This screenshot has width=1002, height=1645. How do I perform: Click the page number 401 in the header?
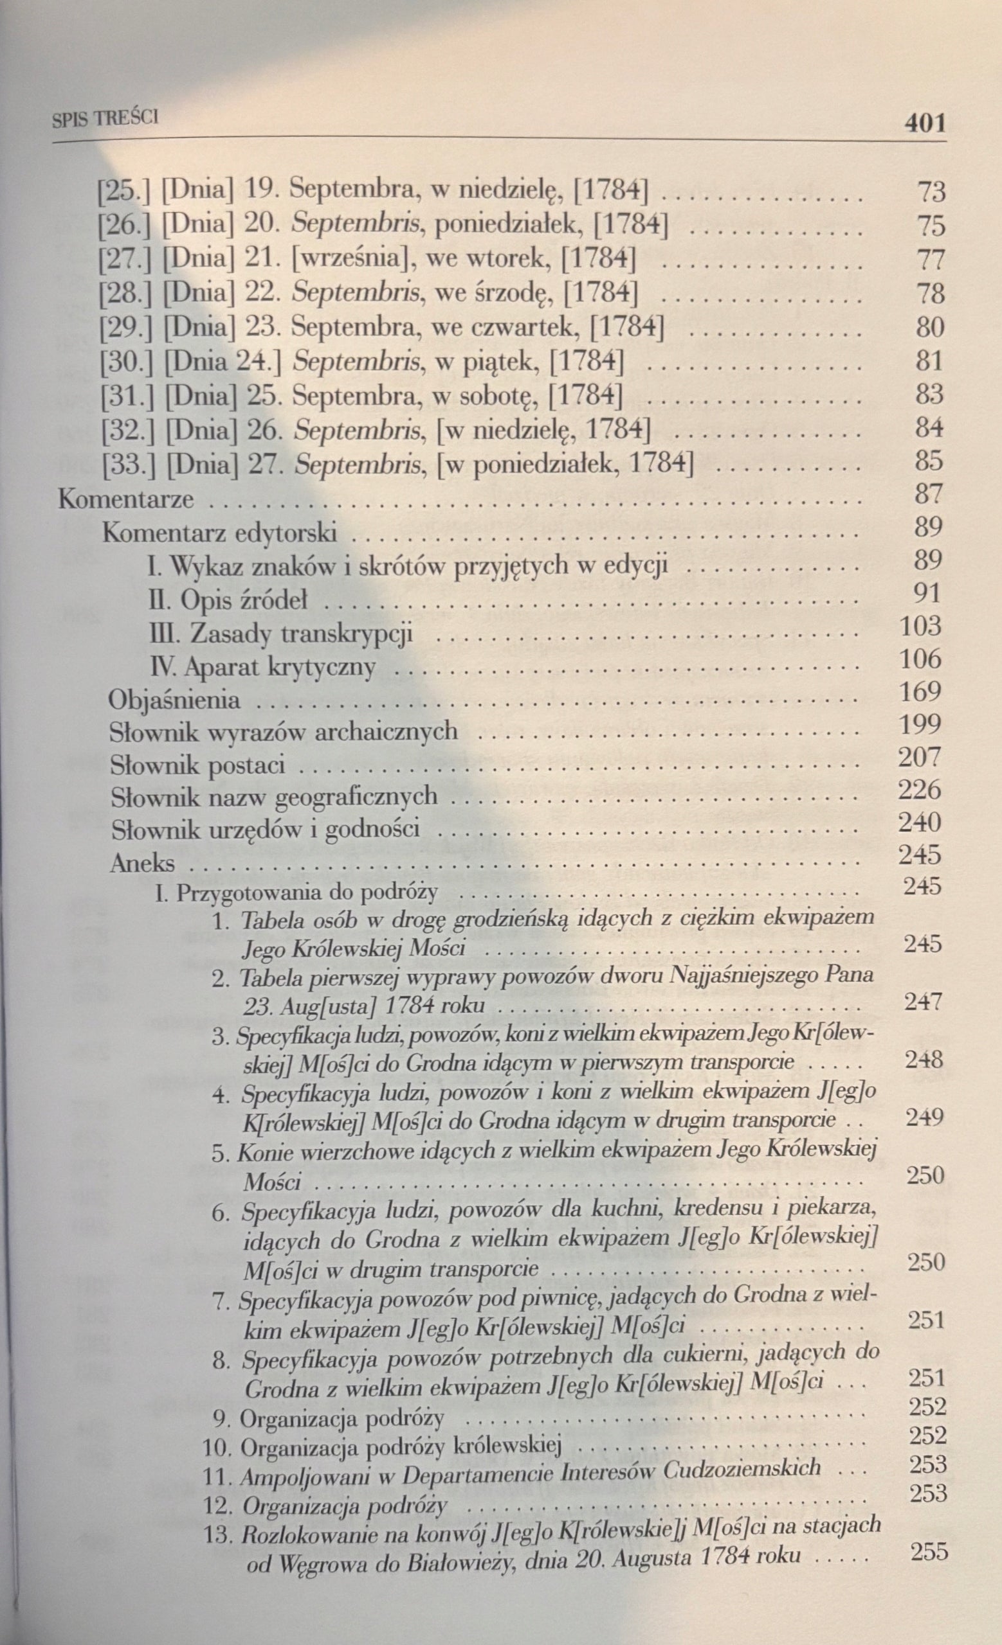[925, 123]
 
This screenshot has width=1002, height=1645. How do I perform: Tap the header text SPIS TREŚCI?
[105, 119]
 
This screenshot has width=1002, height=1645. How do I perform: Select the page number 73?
[931, 192]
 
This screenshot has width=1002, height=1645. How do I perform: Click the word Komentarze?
[126, 499]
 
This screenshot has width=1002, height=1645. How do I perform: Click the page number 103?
[920, 627]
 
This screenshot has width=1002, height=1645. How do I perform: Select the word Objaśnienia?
[174, 700]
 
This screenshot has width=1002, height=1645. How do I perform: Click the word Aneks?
[142, 863]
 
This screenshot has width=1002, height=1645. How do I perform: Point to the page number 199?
[920, 724]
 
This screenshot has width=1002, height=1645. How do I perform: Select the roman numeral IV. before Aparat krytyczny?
[163, 666]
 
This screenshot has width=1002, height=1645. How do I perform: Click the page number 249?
[925, 1118]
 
